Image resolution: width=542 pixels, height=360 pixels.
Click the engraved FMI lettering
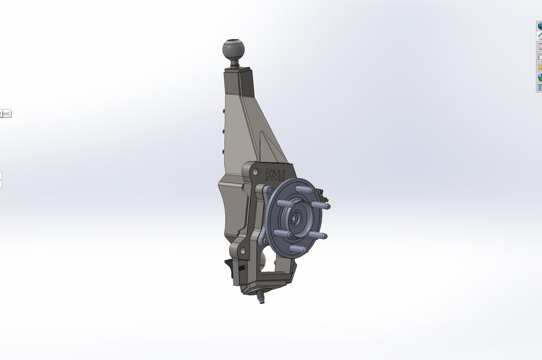274,175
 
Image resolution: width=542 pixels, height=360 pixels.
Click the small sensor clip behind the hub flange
322,192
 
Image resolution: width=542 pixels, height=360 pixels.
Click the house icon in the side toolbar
539,36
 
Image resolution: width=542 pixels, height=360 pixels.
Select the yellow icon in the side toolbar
539,67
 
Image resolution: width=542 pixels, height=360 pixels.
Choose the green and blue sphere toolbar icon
539,78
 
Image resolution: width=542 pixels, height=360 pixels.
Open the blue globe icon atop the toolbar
539,26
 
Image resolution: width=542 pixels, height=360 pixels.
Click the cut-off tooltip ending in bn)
5,113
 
